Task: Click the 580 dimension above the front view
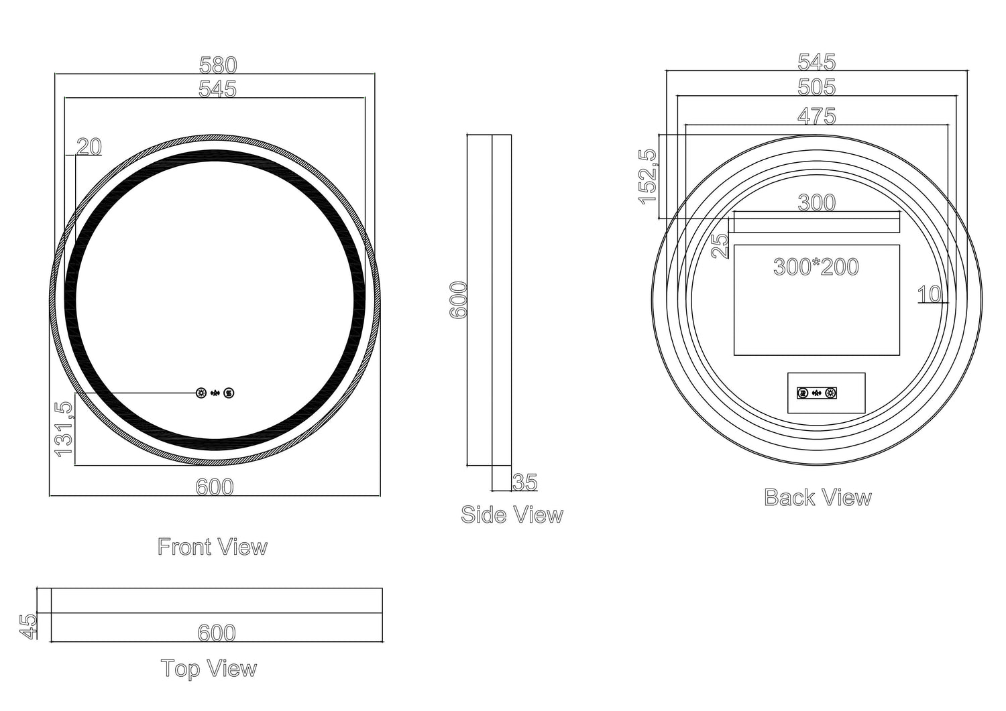pyautogui.click(x=218, y=65)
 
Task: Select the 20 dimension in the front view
pyautogui.click(x=89, y=146)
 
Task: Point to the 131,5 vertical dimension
pyautogui.click(x=64, y=430)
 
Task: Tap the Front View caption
pyautogui.click(x=213, y=547)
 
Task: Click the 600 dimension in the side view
pyautogui.click(x=458, y=300)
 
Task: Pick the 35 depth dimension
pyautogui.click(x=525, y=482)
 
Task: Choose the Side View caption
pyautogui.click(x=512, y=515)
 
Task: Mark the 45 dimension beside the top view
pyautogui.click(x=28, y=626)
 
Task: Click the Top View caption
pyautogui.click(x=209, y=668)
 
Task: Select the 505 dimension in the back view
pyautogui.click(x=816, y=87)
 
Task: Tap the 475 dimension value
pyautogui.click(x=816, y=116)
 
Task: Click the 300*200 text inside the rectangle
pyautogui.click(x=816, y=267)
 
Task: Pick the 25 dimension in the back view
pyautogui.click(x=720, y=245)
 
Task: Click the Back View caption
pyautogui.click(x=818, y=497)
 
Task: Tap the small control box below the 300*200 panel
pyautogui.click(x=826, y=393)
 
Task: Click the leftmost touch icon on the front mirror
pyautogui.click(x=201, y=393)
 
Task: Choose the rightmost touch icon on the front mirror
pyautogui.click(x=229, y=393)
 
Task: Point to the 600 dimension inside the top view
pyautogui.click(x=217, y=633)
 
